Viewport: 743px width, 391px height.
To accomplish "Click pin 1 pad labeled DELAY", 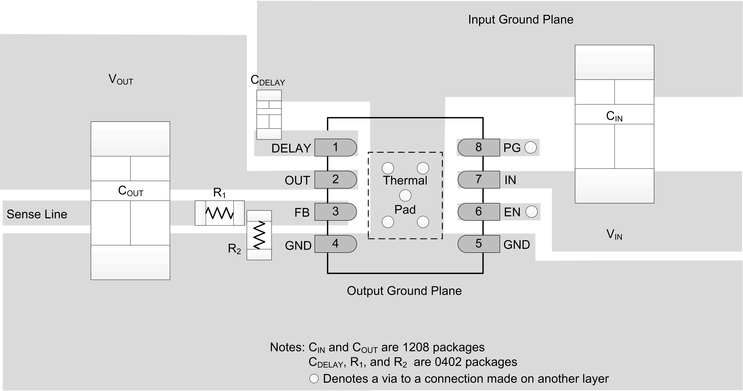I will click(x=335, y=147).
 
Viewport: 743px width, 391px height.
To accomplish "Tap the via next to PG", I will click(x=531, y=147).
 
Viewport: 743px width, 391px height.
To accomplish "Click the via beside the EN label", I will click(x=531, y=212).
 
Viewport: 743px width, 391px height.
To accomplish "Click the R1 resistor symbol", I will click(x=220, y=213).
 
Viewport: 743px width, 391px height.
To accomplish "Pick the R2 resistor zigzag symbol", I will click(x=259, y=235).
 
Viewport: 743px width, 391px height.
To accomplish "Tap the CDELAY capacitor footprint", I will click(x=269, y=115).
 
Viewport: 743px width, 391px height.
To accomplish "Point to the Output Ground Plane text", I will click(x=404, y=291).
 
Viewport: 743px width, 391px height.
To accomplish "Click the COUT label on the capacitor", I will click(x=130, y=191).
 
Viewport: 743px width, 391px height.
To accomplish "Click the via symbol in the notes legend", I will click(x=314, y=379).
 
